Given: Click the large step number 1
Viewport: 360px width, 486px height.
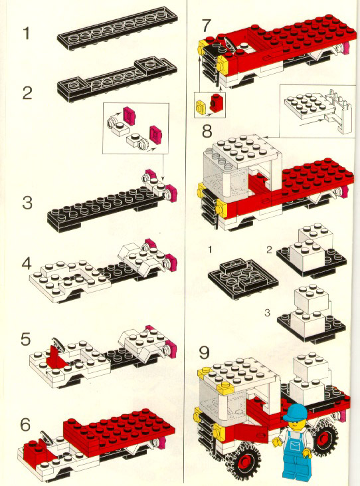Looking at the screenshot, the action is (27, 34).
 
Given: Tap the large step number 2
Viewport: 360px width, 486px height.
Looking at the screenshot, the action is (27, 93).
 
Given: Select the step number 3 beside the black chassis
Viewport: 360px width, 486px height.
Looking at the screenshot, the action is (27, 203).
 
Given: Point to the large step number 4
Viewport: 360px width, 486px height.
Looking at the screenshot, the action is (27, 264).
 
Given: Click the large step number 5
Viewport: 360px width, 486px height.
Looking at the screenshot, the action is (26, 339).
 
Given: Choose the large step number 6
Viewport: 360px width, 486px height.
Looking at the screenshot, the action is (25, 424).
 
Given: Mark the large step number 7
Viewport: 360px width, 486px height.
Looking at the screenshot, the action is (207, 26).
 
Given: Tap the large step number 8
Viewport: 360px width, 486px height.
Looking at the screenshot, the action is (207, 131).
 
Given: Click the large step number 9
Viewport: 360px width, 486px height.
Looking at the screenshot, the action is (205, 352).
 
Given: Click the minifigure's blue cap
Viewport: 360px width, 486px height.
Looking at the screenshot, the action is (295, 413).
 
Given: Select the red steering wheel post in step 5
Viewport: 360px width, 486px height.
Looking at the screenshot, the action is (56, 356).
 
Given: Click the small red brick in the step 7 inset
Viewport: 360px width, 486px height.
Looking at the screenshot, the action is (216, 104).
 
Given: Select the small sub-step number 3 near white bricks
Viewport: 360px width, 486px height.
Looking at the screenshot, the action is (268, 313).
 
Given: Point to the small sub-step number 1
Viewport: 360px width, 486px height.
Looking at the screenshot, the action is (210, 250).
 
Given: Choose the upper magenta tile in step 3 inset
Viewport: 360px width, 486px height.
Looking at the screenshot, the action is (130, 116).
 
